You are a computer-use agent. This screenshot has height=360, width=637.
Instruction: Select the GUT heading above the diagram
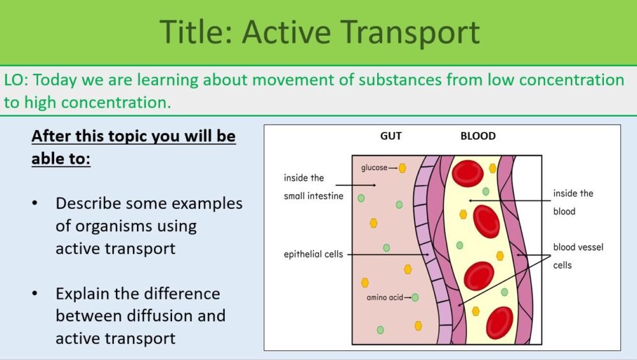click(392, 136)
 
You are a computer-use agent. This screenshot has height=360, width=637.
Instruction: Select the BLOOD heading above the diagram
click(478, 136)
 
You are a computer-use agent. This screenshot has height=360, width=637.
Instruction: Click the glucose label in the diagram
click(374, 168)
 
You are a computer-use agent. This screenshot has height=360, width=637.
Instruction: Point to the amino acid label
click(385, 298)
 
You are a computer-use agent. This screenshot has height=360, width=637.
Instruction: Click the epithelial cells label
click(313, 254)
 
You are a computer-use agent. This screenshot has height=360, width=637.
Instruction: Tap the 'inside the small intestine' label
click(313, 187)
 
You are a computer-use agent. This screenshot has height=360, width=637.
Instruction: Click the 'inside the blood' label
click(573, 202)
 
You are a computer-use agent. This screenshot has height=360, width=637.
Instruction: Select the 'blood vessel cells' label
click(578, 256)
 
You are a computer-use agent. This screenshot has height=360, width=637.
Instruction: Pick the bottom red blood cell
click(499, 322)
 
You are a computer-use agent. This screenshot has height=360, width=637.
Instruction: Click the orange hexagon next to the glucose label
click(403, 168)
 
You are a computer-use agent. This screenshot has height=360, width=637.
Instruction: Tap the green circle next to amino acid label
click(415, 297)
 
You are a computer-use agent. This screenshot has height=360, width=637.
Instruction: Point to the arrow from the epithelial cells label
click(389, 255)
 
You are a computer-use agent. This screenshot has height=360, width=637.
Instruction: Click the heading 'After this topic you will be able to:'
click(133, 147)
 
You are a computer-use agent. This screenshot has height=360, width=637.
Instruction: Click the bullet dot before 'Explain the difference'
click(36, 294)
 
